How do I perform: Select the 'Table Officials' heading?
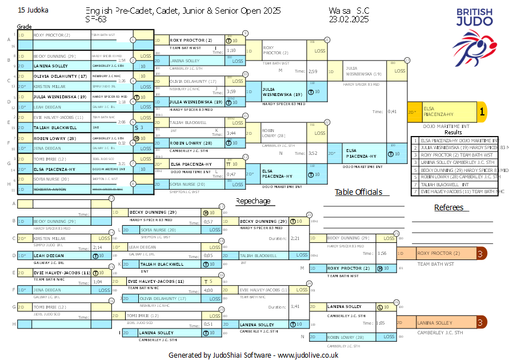(x=358, y=192)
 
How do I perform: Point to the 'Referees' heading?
(x=448, y=207)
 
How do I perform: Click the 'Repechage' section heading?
(x=253, y=201)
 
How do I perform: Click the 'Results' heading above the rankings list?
(x=453, y=132)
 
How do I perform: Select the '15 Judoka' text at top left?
(x=33, y=10)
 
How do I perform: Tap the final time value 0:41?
(x=391, y=111)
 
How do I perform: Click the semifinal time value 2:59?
(x=312, y=71)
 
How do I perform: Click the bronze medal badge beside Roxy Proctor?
(x=482, y=253)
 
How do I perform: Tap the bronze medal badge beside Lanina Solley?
(x=482, y=323)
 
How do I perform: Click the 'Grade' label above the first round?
(x=25, y=27)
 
